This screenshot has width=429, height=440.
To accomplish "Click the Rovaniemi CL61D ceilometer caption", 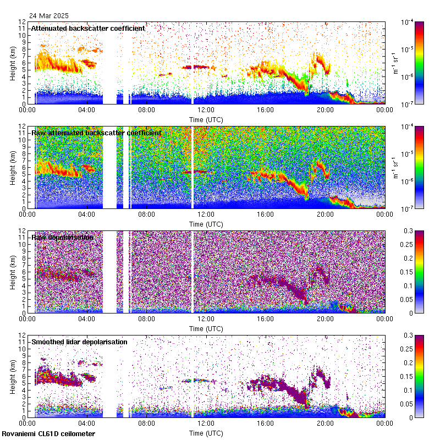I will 52,434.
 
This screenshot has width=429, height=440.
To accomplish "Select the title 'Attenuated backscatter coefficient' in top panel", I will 88,28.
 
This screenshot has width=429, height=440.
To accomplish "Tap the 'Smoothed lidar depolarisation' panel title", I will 79,342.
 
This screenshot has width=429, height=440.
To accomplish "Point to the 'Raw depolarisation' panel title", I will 62,237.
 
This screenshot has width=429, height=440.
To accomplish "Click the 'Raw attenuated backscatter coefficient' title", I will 96,133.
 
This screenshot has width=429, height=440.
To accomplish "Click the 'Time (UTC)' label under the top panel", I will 206,119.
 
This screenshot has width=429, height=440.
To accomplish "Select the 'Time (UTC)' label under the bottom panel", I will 206,433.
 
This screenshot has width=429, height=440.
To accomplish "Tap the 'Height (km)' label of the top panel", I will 12,62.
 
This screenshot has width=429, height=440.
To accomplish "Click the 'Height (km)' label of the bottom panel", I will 12,376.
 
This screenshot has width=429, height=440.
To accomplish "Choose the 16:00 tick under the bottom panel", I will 265,424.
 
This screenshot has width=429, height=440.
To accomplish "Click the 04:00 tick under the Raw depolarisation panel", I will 87,320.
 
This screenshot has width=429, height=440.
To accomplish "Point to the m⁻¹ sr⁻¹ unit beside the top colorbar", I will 393,62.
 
